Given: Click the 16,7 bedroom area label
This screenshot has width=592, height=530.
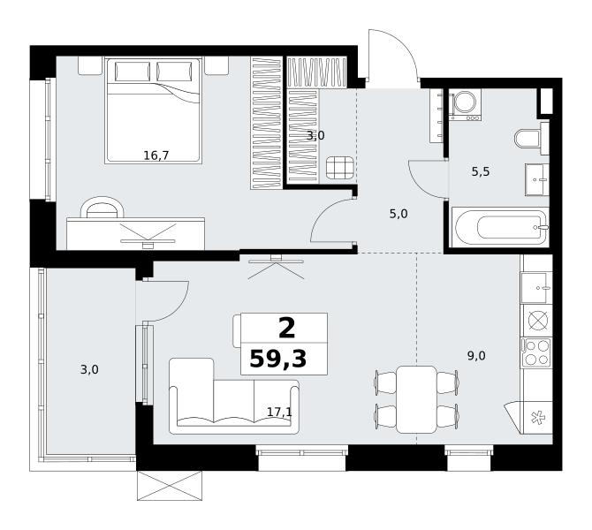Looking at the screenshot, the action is point(156,155).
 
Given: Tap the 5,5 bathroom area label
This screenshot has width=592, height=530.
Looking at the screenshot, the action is point(481,171).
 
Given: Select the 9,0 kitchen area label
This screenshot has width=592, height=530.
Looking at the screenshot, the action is point(476,356).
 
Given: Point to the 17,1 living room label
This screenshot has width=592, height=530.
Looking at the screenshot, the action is point(280,412).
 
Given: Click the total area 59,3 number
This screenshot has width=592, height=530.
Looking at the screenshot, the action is point(278,359).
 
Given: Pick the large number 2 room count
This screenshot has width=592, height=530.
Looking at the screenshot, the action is point(287,328).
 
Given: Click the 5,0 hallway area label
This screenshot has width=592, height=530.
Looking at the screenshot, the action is point(398,214).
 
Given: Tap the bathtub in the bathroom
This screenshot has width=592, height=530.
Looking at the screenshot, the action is point(501,227).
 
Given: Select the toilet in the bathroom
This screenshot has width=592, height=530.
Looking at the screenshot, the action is point(527,139).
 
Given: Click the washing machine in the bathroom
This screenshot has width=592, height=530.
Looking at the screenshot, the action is point(465,104).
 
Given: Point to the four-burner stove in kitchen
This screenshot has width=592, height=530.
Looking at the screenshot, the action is point(536,352).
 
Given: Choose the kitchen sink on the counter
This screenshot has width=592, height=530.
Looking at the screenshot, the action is point(536,288).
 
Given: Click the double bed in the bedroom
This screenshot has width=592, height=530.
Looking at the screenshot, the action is point(153,110).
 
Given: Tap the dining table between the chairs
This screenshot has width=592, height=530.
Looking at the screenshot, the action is point(416,399).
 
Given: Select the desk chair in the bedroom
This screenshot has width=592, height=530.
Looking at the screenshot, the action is point(102,208).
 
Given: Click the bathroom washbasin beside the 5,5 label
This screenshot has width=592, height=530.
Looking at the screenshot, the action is point(536,179).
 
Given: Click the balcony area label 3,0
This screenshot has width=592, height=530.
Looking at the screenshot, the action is point(89,369).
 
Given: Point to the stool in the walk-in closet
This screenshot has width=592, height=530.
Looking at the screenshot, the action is point(340,168).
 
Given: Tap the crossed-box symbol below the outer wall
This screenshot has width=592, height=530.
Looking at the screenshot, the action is point(170,486).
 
